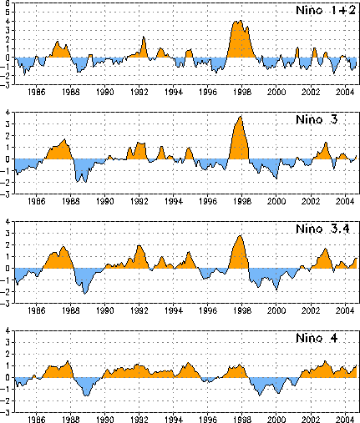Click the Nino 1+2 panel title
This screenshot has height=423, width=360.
(x=326, y=10)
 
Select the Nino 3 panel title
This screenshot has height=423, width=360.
(x=317, y=119)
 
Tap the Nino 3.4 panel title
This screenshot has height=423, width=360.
(x=322, y=229)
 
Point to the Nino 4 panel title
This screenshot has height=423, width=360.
(x=317, y=338)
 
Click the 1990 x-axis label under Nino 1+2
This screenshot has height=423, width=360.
(x=105, y=92)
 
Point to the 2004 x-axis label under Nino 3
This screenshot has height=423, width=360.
(x=345, y=201)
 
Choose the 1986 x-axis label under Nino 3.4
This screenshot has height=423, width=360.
(x=37, y=310)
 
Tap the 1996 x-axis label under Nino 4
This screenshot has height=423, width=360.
(x=208, y=420)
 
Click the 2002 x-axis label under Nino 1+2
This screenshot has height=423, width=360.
(x=311, y=92)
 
